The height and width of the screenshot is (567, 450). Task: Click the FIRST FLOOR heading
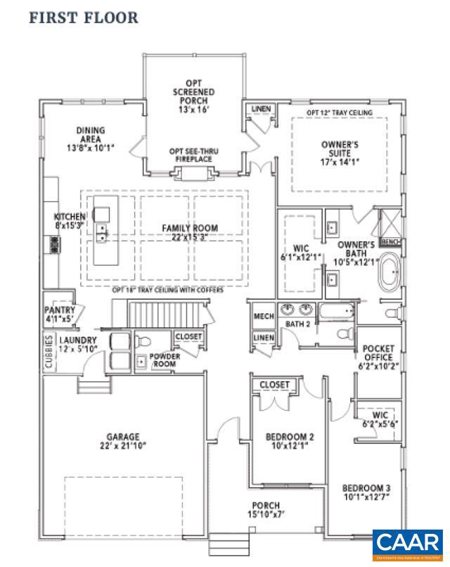pyautogui.click(x=84, y=17)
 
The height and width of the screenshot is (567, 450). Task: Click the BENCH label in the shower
pyautogui.click(x=390, y=241)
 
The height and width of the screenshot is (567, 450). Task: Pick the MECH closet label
pyautogui.click(x=263, y=317)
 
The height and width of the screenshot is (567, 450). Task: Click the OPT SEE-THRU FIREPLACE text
pyautogui.click(x=194, y=155)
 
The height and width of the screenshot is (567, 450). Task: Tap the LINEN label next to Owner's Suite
pyautogui.click(x=260, y=109)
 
